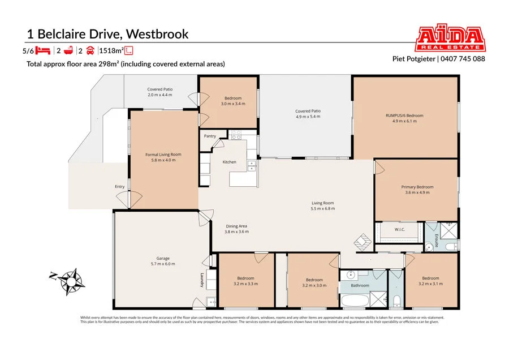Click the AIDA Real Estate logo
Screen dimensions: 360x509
click(450, 38)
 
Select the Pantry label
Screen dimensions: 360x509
click(210, 136)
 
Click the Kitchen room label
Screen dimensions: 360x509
click(229, 162)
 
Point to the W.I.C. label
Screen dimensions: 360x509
click(399, 229)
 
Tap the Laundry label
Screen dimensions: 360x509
click(201, 280)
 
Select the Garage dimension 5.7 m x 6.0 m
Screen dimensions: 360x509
click(159, 264)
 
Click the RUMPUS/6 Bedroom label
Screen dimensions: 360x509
click(404, 115)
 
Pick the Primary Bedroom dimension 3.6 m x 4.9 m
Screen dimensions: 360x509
click(417, 192)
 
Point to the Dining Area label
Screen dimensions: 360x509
click(236, 226)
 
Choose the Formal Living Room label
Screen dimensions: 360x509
click(163, 155)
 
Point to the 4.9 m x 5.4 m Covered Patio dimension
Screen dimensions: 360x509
click(308, 117)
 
